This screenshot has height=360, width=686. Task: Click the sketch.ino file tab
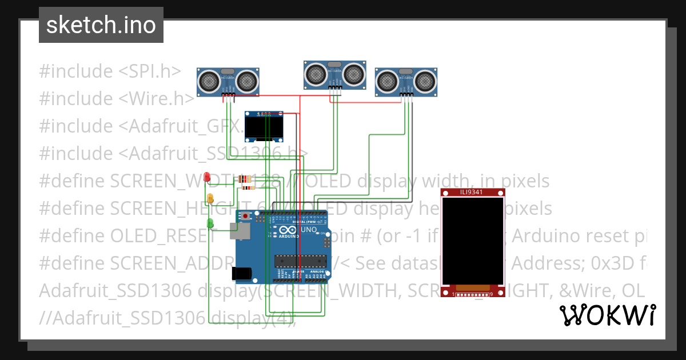tap(101, 25)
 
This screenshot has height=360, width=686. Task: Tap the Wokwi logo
tap(607, 315)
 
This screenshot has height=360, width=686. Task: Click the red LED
tap(208, 177)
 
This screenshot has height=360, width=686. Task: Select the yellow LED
tap(210, 199)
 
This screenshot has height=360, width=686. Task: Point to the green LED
tap(210, 223)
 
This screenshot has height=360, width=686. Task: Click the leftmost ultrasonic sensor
tap(228, 81)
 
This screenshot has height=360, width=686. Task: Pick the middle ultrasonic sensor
tap(335, 74)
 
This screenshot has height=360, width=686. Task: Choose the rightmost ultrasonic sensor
tap(406, 82)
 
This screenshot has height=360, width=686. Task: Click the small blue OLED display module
tap(264, 126)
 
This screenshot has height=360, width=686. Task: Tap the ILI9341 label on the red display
tap(471, 192)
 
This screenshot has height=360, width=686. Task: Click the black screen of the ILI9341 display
tap(472, 240)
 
